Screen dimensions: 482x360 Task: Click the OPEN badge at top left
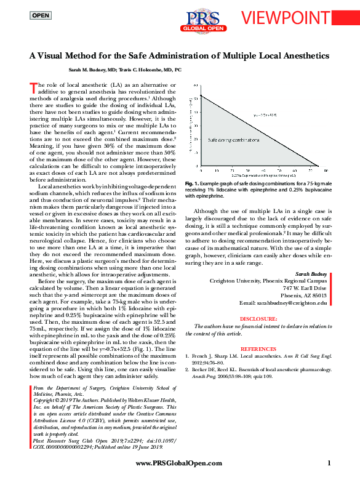(41, 14)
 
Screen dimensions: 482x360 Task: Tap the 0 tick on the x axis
(202, 171)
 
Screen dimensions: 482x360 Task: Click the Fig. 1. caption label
(191, 184)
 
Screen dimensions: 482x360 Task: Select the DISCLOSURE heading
(259, 319)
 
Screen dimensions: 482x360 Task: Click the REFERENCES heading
(259, 347)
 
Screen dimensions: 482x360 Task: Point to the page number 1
(329, 463)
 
